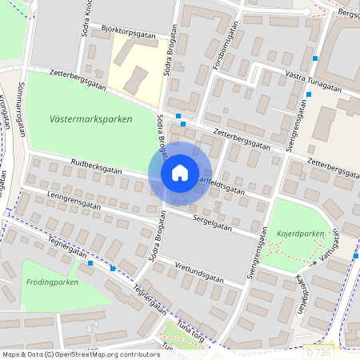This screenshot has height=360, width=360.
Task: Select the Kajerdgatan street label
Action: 302,297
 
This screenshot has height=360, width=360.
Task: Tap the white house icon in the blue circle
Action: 180,173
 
